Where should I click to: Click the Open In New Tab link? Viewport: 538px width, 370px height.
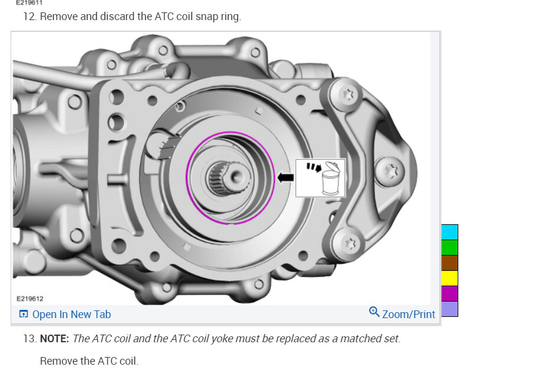pyautogui.click(x=65, y=314)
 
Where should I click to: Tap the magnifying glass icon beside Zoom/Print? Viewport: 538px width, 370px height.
pyautogui.click(x=374, y=312)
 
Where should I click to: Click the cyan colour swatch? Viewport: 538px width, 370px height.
pyautogui.click(x=449, y=232)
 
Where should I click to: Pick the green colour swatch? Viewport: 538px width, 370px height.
pyautogui.click(x=449, y=248)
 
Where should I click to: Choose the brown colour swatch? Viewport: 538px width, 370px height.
pyautogui.click(x=449, y=263)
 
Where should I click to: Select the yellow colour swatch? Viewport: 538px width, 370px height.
pyautogui.click(x=449, y=279)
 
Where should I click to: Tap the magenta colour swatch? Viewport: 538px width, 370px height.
pyautogui.click(x=449, y=294)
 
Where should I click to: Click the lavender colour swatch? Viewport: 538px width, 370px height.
pyautogui.click(x=449, y=309)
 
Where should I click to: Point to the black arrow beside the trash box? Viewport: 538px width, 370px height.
pyautogui.click(x=285, y=178)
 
